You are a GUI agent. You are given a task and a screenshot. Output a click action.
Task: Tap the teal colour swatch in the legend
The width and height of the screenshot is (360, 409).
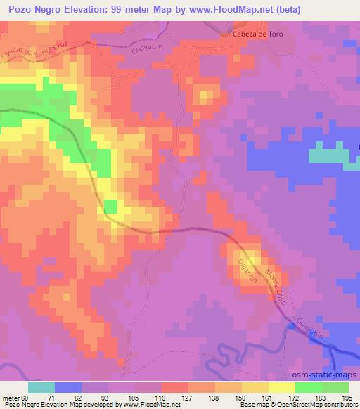(41, 387)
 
